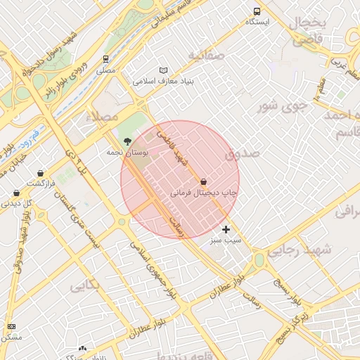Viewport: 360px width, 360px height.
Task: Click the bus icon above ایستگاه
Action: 257,12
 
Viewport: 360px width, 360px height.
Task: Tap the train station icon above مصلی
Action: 105,59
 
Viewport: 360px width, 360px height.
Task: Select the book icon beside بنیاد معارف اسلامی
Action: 163,70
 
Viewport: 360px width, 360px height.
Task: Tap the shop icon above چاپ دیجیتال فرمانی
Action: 203,181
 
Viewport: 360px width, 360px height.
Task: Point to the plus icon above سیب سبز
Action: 226,229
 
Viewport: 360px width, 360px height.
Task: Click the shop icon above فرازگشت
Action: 41,173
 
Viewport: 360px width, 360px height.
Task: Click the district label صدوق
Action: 242,152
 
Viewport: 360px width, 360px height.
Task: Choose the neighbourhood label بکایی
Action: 85,285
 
